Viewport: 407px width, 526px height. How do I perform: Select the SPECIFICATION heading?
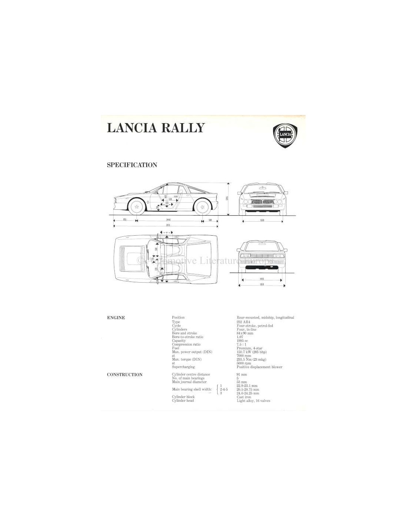(132, 165)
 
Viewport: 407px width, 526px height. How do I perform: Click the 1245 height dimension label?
(227, 198)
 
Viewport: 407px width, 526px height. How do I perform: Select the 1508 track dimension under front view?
(262, 220)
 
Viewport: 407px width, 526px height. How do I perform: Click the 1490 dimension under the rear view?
(262, 279)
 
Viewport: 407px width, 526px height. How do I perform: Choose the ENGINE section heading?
(116, 318)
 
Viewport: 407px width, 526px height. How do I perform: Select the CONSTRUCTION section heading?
(125, 375)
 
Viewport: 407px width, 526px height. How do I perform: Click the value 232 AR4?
(243, 322)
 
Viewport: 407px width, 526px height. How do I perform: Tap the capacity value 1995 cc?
(242, 341)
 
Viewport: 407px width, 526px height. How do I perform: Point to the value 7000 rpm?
(244, 356)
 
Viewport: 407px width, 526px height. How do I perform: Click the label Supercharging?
(183, 367)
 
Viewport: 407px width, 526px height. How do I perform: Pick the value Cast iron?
(244, 397)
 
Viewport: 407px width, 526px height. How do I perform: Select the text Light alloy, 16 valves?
(253, 401)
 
